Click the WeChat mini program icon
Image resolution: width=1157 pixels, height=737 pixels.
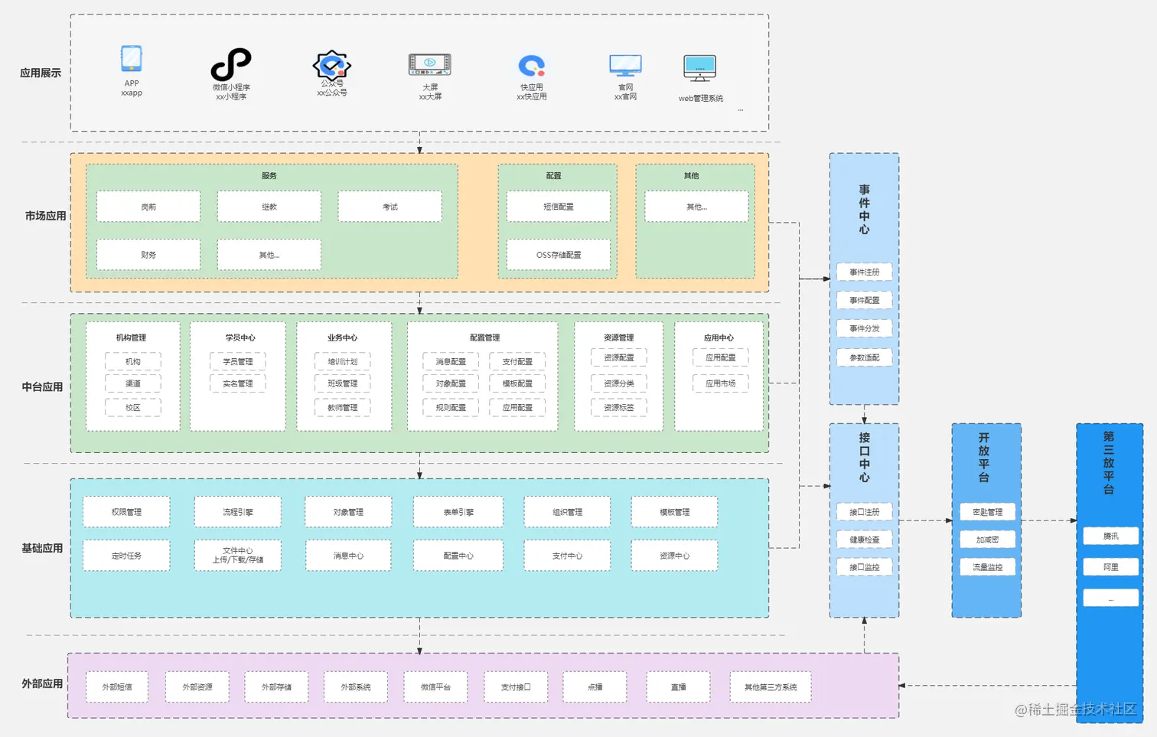(230, 64)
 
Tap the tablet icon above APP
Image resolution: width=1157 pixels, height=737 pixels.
(132, 59)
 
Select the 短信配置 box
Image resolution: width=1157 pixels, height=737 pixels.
(558, 207)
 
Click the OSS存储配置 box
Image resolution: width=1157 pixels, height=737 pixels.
(558, 255)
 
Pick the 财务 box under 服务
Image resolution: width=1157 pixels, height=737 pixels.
(148, 255)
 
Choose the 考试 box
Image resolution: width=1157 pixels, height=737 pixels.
(389, 207)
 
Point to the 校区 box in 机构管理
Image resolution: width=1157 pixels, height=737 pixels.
(133, 408)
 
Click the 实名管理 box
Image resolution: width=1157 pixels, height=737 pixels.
(238, 383)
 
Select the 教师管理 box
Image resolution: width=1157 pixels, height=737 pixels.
(342, 408)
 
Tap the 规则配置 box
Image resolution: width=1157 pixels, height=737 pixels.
(451, 408)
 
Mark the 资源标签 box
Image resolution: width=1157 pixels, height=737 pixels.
(618, 408)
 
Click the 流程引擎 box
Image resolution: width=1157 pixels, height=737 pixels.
(237, 512)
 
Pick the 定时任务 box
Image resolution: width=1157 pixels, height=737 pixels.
(126, 556)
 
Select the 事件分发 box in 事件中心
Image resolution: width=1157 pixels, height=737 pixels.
(864, 328)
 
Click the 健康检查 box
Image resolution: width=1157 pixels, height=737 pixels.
(864, 540)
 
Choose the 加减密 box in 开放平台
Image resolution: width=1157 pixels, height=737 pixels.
(987, 540)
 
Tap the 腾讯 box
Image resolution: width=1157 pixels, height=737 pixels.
(1110, 536)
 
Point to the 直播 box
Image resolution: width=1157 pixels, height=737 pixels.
(678, 687)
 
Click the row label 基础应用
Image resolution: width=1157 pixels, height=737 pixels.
(42, 548)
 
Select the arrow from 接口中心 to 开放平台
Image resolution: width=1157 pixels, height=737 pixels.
(925, 520)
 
